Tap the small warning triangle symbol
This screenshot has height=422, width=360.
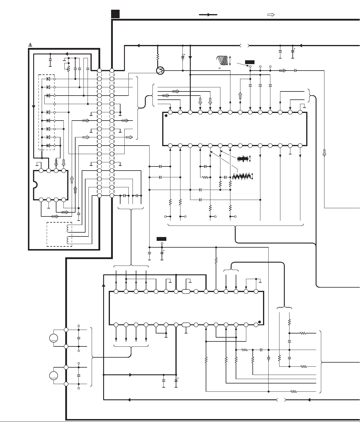pos(30,45)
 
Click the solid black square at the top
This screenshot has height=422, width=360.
pos(115,14)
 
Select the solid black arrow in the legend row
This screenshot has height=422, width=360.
pos(208,14)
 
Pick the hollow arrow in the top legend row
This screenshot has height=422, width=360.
pos(271,14)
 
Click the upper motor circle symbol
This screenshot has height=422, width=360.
pos(53,338)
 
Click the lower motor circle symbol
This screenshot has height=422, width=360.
pos(53,376)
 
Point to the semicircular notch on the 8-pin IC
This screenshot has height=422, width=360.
pos(35,185)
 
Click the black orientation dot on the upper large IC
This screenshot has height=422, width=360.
pos(166,116)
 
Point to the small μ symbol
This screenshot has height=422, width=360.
pos(219,68)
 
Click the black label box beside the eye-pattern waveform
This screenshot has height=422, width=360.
pos(250,62)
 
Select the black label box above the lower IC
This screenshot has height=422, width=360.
pos(161,239)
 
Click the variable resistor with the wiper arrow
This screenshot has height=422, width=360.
pos(68,68)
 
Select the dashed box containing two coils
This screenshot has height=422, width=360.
pos(59,234)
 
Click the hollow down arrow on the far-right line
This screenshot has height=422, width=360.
pos(324,153)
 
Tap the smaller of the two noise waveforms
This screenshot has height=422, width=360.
pos(243,159)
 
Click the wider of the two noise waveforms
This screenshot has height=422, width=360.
pos(242,176)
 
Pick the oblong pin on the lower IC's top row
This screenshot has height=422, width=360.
pos(186,292)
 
